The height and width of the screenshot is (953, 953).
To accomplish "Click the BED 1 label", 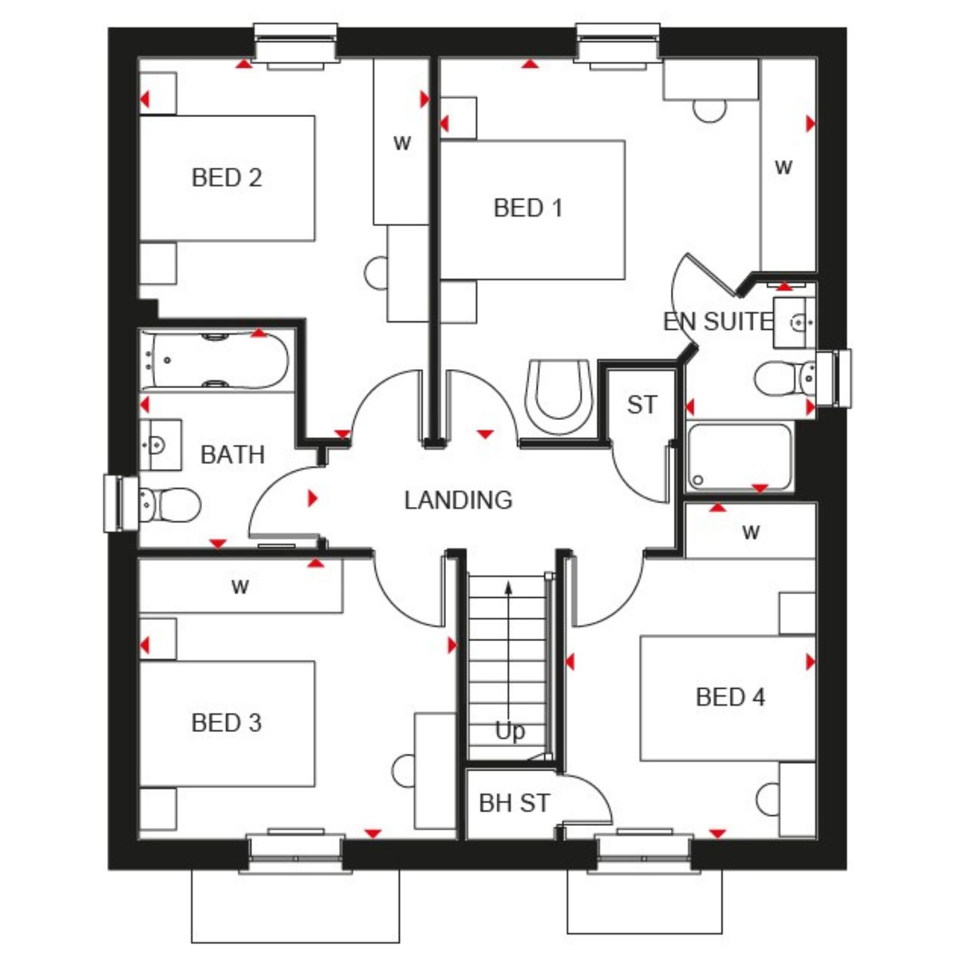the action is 528,208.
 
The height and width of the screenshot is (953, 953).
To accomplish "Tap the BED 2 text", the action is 227,177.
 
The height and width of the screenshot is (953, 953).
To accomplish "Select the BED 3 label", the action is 226,722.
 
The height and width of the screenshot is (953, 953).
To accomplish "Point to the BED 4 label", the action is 730,697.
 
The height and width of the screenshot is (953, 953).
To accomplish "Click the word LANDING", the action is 458,500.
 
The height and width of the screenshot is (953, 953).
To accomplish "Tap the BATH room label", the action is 233,455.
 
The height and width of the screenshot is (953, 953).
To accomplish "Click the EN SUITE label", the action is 718,321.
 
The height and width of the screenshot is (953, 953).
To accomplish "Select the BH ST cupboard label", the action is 514,803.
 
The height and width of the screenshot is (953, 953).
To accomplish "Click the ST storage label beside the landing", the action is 642,405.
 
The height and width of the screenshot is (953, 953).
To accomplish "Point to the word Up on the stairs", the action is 510,732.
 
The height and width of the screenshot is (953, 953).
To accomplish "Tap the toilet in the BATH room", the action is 169,505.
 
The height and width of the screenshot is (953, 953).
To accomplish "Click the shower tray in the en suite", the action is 740,457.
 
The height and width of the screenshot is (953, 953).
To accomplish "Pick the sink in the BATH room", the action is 160,444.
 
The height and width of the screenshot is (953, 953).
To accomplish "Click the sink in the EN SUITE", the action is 794,323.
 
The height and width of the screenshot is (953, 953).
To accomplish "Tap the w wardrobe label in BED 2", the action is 402,142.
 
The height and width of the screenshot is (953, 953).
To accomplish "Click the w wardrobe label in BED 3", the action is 240,586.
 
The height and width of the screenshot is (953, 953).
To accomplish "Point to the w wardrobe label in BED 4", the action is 751,531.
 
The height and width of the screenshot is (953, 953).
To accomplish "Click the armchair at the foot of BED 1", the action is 558,397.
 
